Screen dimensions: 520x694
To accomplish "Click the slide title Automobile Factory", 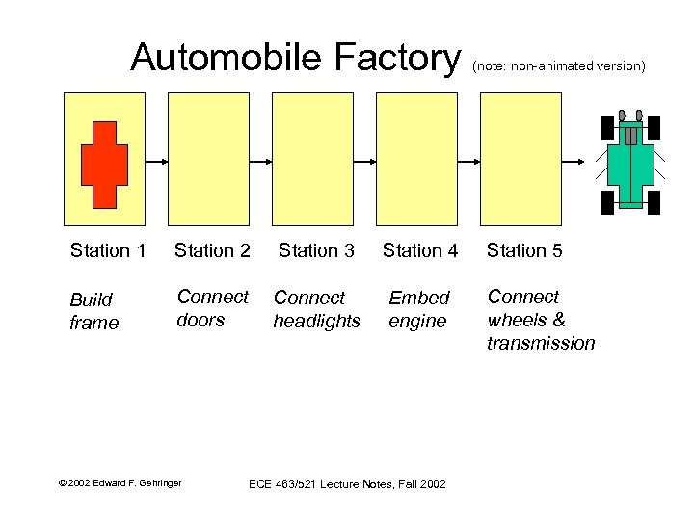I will tap(296, 58).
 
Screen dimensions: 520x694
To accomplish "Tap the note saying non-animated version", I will tap(558, 66).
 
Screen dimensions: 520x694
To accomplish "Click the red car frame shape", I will tap(104, 165).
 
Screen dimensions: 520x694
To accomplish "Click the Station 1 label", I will tap(108, 250).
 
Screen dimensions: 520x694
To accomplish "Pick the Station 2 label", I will tap(212, 250).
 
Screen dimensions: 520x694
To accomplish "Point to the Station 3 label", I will tap(316, 250).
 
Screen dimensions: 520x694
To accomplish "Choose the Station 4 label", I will tap(420, 250).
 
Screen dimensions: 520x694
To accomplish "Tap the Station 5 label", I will tap(524, 250).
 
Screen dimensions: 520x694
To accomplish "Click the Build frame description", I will tap(93, 311).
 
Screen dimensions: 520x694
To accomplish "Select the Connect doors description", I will tap(212, 308).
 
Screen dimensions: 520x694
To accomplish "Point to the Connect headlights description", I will tap(316, 309).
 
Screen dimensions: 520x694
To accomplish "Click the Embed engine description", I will tap(418, 309).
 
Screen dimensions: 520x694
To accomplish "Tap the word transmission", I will tap(541, 344).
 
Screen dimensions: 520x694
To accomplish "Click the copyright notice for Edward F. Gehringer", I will tap(120, 482).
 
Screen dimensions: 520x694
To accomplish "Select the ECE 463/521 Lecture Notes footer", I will tap(347, 483).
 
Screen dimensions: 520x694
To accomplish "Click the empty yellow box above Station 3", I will tap(312, 158).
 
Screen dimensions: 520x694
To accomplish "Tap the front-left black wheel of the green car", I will tap(607, 127).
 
